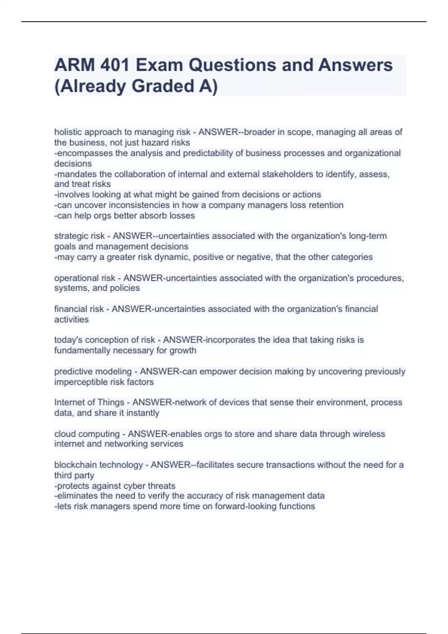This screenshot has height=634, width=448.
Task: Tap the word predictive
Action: click(x=72, y=371)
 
